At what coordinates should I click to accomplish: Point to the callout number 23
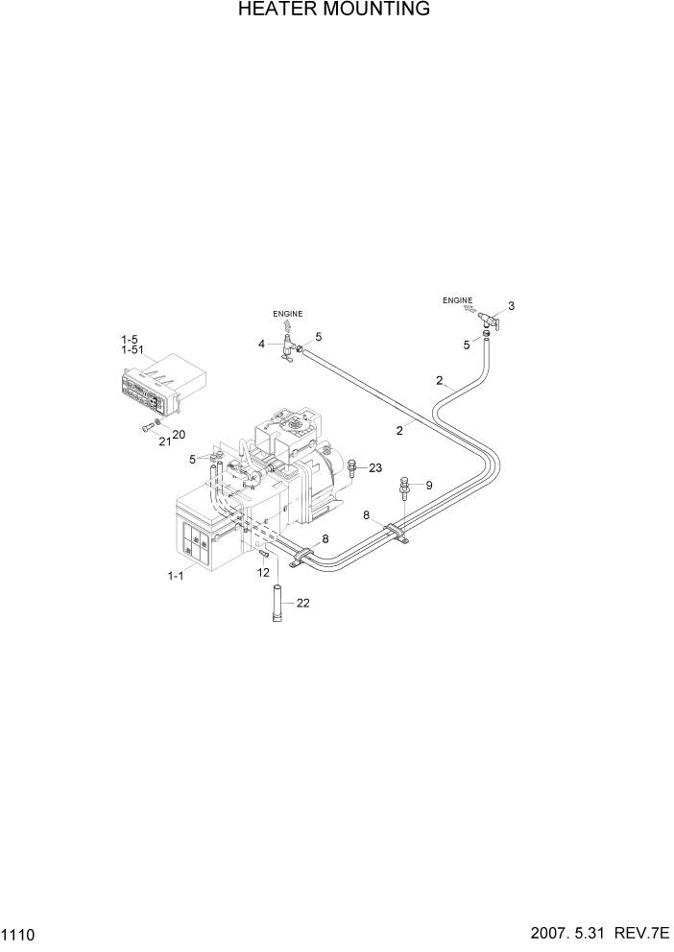coord(375,468)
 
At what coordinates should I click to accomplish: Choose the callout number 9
coord(428,486)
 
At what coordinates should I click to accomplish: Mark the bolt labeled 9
coord(404,488)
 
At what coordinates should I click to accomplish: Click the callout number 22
coord(304,603)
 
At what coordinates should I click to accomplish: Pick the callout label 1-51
coord(133,351)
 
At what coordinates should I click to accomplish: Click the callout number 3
coord(511,306)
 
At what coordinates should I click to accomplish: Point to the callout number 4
coord(261,343)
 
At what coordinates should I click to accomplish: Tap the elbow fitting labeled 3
coord(486,319)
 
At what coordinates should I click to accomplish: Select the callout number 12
coord(262,572)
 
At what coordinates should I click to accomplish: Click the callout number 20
coord(179,435)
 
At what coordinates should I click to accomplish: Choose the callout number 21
coord(164,440)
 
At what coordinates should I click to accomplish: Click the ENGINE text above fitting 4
coord(287,314)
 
